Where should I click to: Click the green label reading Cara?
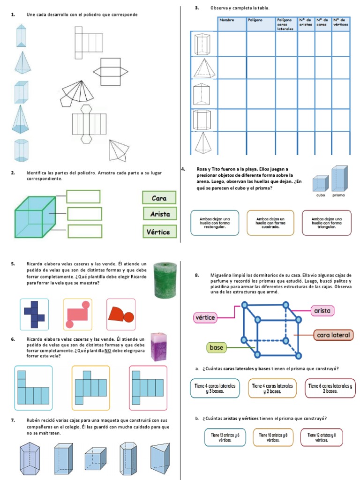(159, 197)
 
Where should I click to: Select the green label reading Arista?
(160, 214)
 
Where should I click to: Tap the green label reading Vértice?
(159, 232)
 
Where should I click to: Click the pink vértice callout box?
(204, 318)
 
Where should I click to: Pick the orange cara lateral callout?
(333, 335)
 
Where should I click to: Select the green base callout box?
(217, 347)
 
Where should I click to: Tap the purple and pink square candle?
(158, 346)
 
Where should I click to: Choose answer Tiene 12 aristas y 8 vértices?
(322, 437)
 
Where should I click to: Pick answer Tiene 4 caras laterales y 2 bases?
(271, 388)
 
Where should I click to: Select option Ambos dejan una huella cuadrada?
(270, 222)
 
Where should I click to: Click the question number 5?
(13, 264)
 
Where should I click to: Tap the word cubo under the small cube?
(321, 195)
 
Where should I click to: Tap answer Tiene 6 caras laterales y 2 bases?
(330, 388)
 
